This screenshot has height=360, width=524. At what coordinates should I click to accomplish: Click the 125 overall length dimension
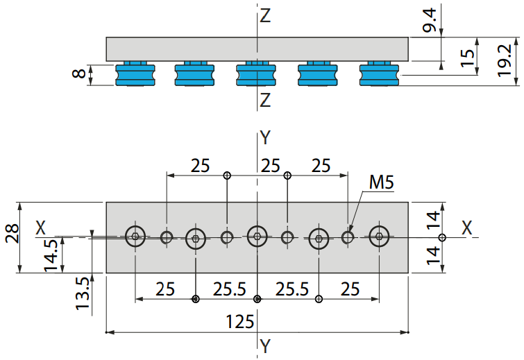click(x=240, y=322)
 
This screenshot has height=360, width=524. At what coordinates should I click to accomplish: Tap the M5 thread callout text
click(x=381, y=182)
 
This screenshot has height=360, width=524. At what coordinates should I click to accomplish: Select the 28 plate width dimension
click(x=12, y=234)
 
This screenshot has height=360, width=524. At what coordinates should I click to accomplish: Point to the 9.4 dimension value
click(x=430, y=21)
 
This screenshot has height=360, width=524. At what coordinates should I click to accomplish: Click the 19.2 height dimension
click(x=505, y=61)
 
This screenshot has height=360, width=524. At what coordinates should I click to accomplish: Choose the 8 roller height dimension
click(x=79, y=73)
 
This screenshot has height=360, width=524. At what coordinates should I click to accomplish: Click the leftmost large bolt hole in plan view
click(x=135, y=236)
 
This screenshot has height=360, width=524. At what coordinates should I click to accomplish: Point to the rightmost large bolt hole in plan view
click(x=380, y=236)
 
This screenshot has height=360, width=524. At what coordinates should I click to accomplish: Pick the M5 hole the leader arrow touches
click(x=348, y=237)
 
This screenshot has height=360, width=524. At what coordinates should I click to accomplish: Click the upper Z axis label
click(x=265, y=16)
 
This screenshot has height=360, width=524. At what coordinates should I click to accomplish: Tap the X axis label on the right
click(x=467, y=228)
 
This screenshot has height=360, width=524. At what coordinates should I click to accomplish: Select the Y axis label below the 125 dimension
click(x=265, y=346)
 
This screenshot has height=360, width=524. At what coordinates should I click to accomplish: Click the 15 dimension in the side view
click(x=467, y=58)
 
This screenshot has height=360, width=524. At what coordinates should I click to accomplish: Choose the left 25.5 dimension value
click(x=229, y=289)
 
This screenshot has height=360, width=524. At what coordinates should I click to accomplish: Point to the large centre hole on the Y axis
click(x=257, y=236)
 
